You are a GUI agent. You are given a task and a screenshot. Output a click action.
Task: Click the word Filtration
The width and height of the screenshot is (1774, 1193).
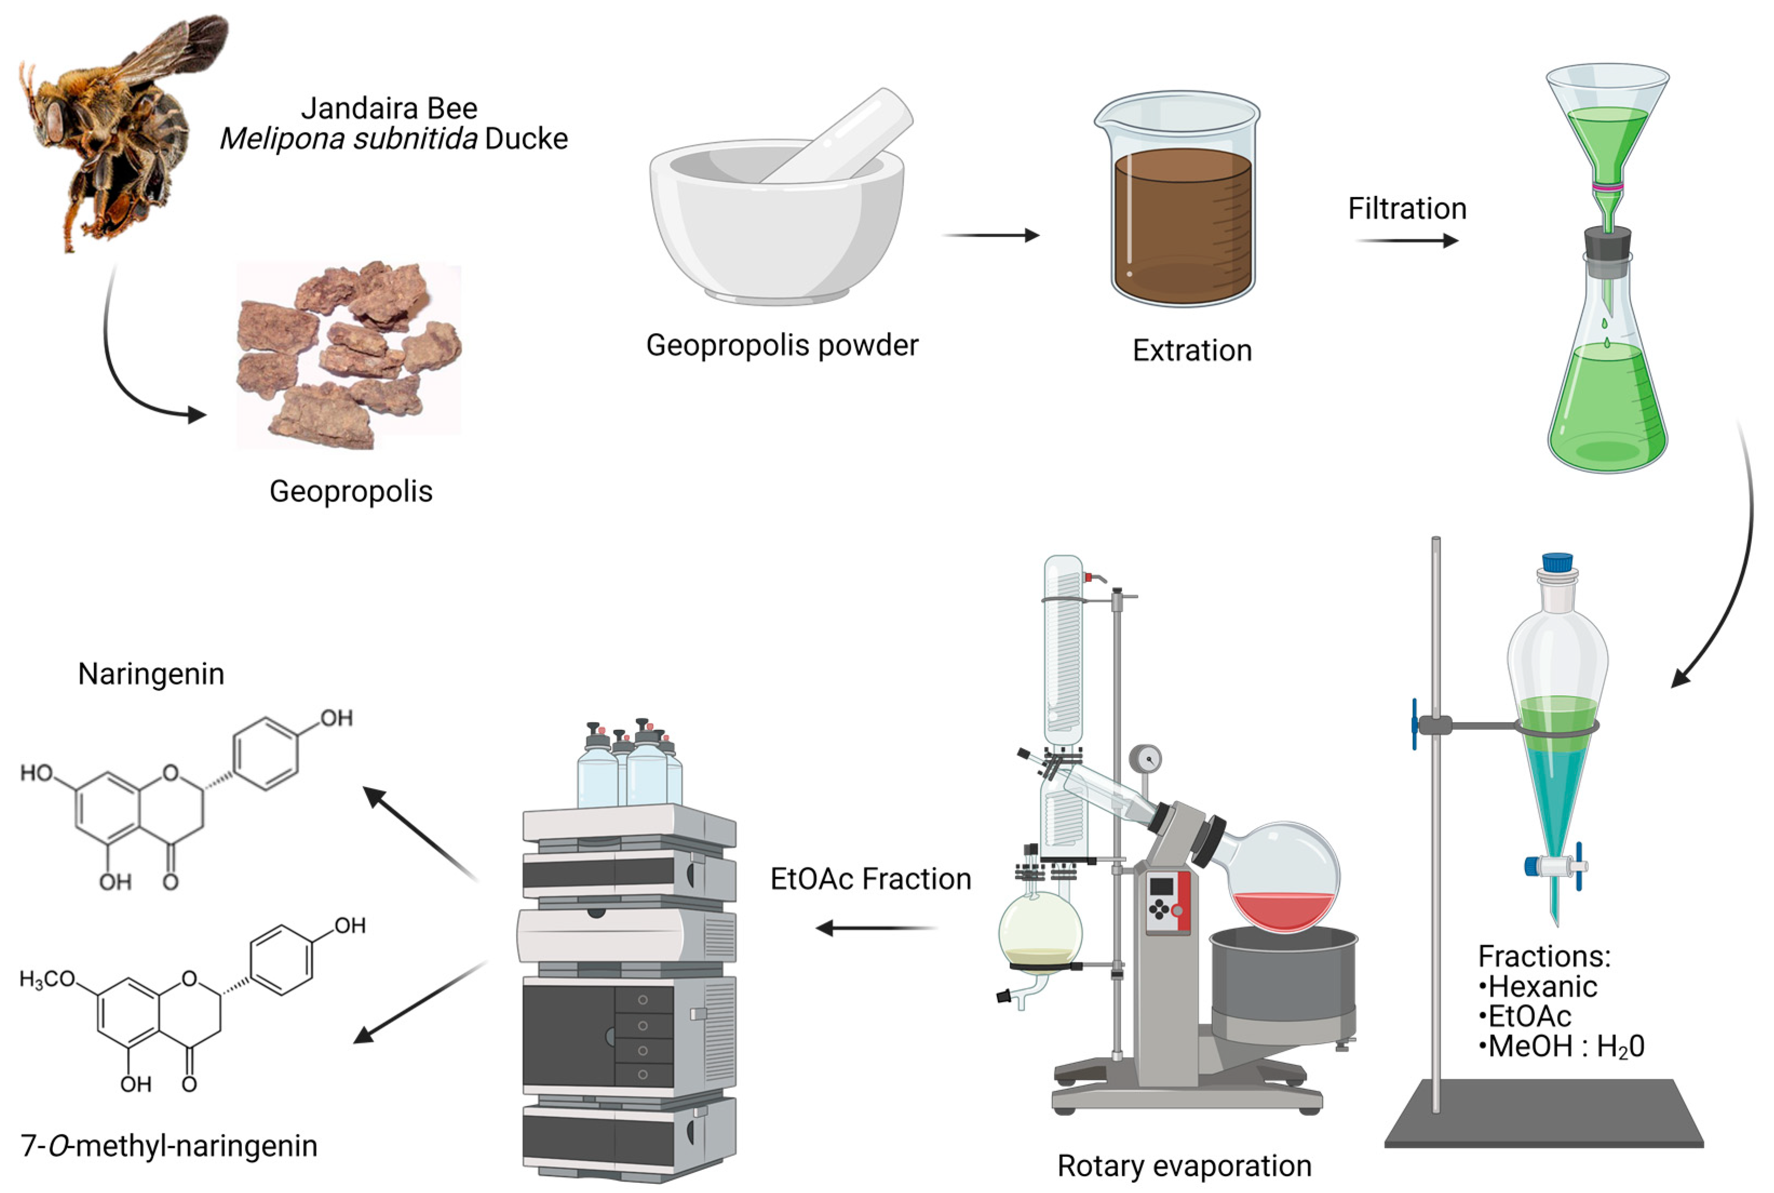1406,208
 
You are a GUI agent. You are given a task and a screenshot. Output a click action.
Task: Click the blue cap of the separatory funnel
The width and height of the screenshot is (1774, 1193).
1557,562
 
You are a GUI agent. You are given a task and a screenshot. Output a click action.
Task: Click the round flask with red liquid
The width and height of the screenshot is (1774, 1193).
1283,879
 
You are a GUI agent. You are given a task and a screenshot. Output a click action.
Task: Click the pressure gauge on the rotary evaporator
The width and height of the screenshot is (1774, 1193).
1145,758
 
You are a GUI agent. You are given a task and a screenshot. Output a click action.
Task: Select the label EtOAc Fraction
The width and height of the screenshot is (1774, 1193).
870,879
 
